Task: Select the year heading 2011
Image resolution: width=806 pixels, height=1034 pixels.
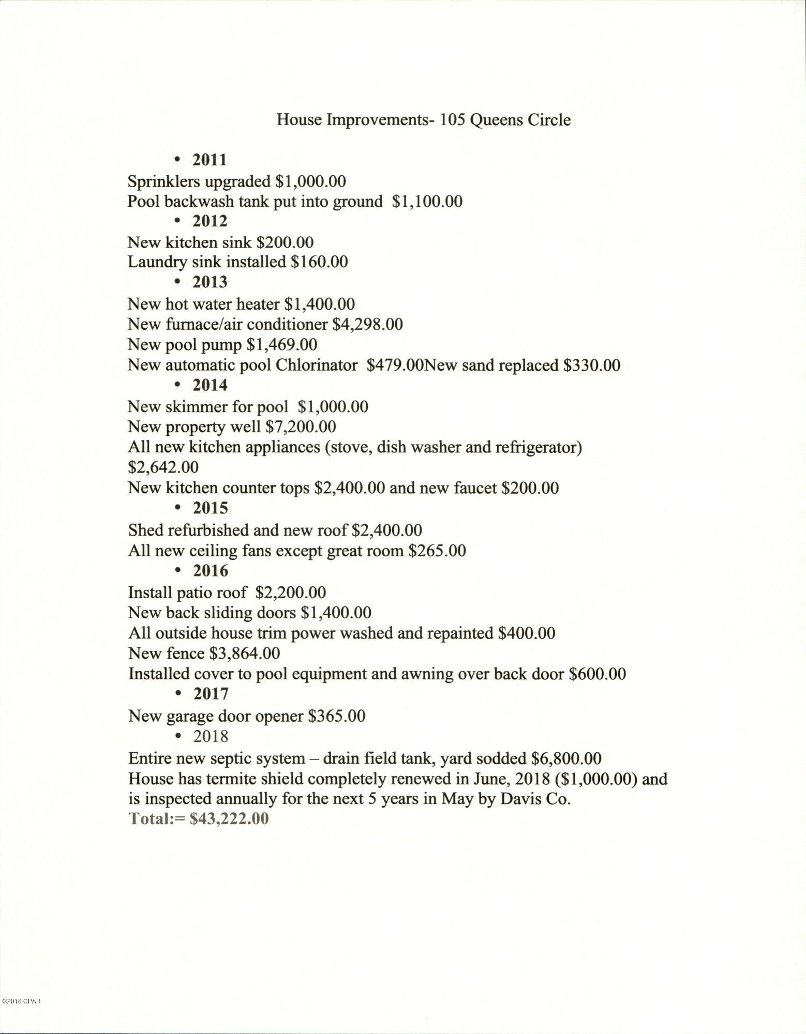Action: [x=210, y=159]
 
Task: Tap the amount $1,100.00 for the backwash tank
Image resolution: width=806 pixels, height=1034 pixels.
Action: [x=427, y=201]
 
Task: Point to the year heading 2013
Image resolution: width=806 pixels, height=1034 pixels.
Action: [x=210, y=282]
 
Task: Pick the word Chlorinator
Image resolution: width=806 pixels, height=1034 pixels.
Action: [x=316, y=365]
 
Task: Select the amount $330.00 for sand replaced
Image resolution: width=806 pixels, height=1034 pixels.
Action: [x=592, y=365]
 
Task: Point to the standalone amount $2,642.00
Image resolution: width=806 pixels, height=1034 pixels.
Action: [x=163, y=467]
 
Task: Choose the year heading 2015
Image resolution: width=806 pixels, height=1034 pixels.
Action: [x=210, y=508]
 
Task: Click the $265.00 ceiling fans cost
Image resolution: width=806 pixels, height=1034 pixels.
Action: [x=437, y=551]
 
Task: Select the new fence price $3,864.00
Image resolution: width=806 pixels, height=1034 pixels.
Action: [x=245, y=653]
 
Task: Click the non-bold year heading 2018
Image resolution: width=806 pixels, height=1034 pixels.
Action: [x=211, y=736]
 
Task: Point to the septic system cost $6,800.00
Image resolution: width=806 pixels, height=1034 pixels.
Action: [x=566, y=758]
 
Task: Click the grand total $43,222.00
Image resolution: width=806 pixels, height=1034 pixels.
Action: [x=229, y=819]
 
